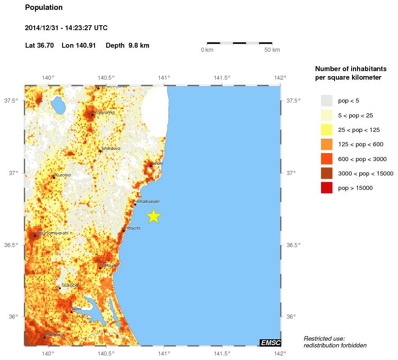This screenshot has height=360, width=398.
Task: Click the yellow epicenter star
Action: pos(154,216)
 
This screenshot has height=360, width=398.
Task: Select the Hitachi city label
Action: pos(133,228)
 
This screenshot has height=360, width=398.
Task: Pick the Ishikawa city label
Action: pos(111,148)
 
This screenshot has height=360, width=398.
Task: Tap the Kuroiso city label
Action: pos(63,175)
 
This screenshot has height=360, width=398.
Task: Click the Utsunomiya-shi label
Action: pos(52,233)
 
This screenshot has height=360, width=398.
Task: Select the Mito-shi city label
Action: pos(110,265)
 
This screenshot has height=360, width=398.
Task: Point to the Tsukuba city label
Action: pos(70,285)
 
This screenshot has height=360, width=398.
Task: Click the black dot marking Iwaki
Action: pos(151,166)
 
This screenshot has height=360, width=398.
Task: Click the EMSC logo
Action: pos(271,343)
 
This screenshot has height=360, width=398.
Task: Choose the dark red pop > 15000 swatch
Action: pos(326,188)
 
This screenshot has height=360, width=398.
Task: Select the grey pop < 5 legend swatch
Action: pos(326,100)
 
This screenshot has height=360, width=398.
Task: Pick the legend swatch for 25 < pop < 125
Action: pos(326,130)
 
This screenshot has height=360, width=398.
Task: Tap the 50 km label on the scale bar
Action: pos(272,49)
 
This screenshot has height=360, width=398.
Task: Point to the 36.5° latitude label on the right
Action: pos(294,245)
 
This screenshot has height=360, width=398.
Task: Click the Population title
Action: pos(44,8)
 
